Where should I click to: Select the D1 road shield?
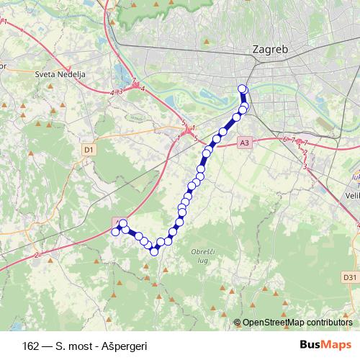[x=89, y=150]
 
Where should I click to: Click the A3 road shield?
[x=245, y=143]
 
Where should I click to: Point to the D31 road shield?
[x=349, y=277]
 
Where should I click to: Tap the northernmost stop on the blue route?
[x=242, y=89]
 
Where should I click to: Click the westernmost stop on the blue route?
[x=115, y=231]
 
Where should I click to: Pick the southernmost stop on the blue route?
[x=153, y=251]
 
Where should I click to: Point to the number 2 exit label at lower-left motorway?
[x=35, y=255]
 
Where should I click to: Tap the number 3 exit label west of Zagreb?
[x=120, y=91]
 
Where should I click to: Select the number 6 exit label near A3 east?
[x=285, y=138]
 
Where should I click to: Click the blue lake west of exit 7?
[x=117, y=73]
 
